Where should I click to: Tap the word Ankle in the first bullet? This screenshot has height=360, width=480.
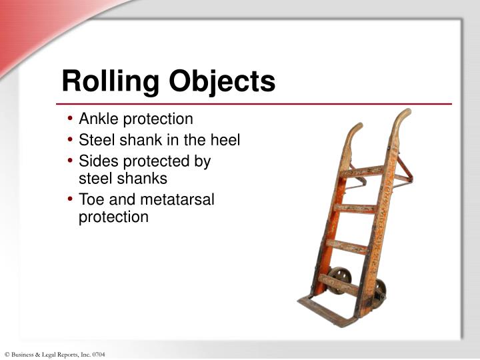[97, 119]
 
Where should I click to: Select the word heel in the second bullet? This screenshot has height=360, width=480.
[226, 140]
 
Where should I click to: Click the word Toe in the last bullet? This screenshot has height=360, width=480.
[91, 199]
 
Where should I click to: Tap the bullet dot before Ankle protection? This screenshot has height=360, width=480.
[71, 120]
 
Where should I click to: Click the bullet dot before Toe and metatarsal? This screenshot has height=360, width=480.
[71, 200]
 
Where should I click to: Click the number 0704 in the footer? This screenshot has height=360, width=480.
[98, 354]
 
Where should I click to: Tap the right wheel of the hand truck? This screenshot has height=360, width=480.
[379, 289]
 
